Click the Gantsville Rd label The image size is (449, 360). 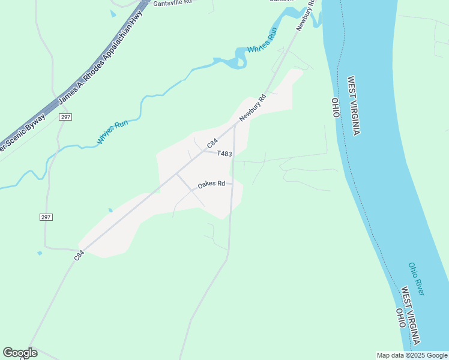(x=172, y=2)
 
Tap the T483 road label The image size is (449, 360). (x=224, y=154)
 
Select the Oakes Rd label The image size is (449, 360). (x=211, y=184)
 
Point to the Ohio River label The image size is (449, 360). (x=416, y=278)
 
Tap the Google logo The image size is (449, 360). (x=20, y=353)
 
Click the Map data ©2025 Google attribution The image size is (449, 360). (x=412, y=355)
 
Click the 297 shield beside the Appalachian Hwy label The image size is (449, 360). (x=65, y=117)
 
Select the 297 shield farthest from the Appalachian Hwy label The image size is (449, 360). (x=46, y=217)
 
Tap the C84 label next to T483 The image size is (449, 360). (x=211, y=144)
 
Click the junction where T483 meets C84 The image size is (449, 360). (x=203, y=151)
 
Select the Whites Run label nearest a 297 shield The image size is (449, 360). (x=113, y=132)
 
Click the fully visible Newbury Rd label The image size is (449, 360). (x=253, y=108)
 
